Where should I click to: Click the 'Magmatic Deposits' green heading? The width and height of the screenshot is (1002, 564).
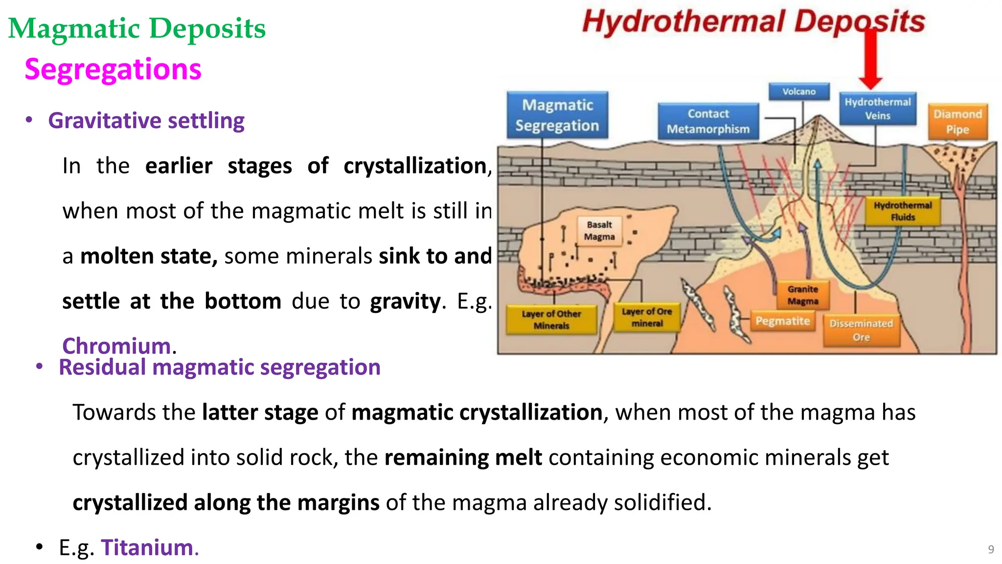tap(137, 28)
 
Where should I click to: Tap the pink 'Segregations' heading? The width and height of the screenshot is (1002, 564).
tap(113, 69)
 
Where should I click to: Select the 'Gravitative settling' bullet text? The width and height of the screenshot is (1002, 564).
tap(146, 120)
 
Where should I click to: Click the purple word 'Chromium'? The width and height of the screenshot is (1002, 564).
tap(116, 346)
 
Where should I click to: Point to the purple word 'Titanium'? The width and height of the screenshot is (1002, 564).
tap(147, 547)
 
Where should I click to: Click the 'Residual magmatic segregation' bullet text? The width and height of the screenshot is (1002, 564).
tap(220, 367)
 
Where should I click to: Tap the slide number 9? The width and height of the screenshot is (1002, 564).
tap(991, 549)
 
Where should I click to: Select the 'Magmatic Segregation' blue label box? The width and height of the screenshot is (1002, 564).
tap(557, 115)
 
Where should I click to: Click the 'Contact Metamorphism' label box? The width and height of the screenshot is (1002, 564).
tap(708, 121)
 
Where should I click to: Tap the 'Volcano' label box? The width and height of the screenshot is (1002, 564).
tap(799, 92)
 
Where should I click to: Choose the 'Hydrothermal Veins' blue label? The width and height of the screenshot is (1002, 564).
tap(878, 109)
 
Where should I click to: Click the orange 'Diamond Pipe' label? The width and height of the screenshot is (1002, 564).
tap(957, 121)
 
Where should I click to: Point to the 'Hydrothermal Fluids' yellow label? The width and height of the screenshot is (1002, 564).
tap(903, 211)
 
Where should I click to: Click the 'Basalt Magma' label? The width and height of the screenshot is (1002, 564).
tap(599, 231)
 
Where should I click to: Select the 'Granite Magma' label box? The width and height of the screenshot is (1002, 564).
tap(803, 295)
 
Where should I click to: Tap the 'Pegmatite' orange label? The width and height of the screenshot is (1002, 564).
tap(782, 321)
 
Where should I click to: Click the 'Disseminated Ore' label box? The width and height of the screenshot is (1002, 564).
tap(861, 330)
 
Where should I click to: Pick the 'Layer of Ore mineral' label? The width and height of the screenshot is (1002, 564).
tap(647, 317)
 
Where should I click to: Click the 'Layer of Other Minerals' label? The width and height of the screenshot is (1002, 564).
tap(551, 320)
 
